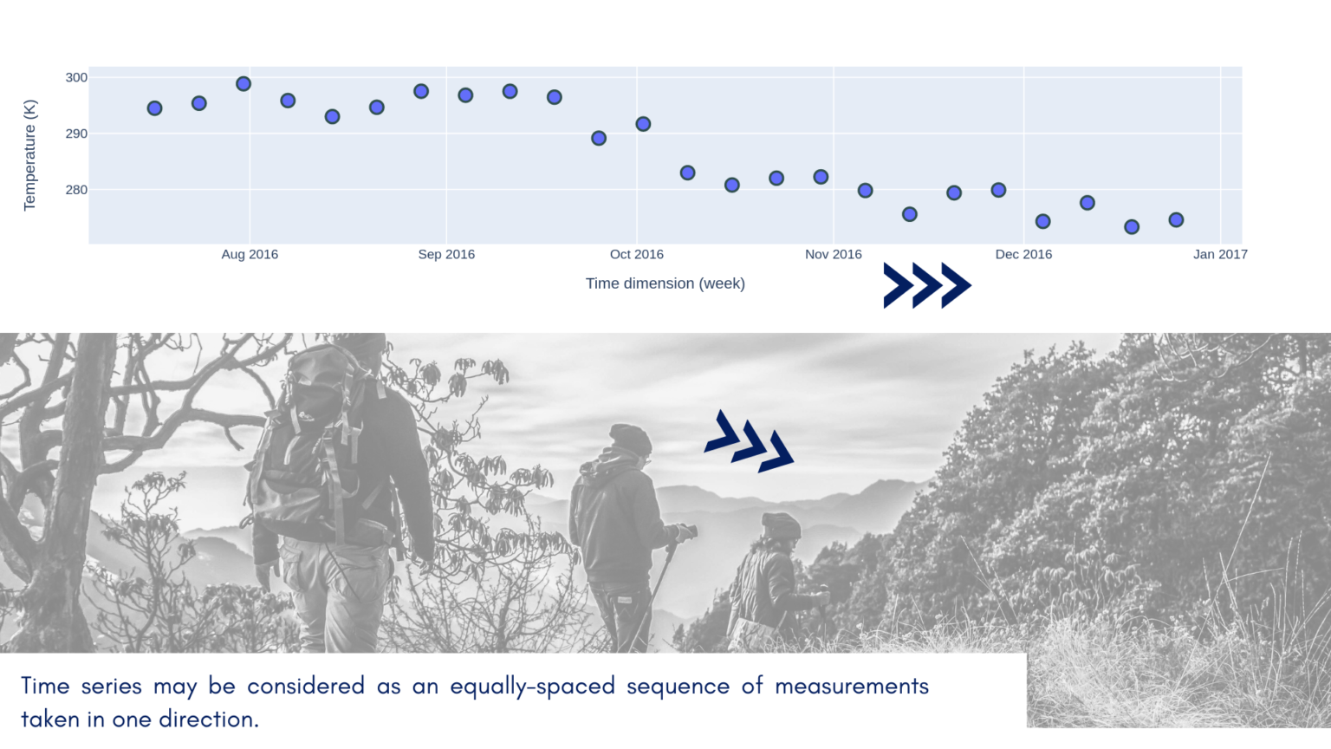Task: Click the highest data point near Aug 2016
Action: tap(243, 84)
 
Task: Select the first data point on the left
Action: tap(154, 108)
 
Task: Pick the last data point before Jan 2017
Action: tap(1176, 220)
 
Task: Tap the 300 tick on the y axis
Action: tap(76, 78)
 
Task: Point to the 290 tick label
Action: tap(76, 134)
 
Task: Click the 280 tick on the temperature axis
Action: tap(76, 190)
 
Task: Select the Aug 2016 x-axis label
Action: tap(250, 254)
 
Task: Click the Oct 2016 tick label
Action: tap(636, 254)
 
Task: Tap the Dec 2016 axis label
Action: tap(1023, 254)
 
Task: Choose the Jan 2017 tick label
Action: tap(1220, 254)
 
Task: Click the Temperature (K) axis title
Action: tap(29, 155)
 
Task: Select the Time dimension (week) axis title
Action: tap(665, 283)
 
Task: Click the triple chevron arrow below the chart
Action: tap(926, 285)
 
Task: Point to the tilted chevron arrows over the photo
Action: tap(750, 442)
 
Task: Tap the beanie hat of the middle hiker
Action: tap(630, 439)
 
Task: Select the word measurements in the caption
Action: tap(851, 687)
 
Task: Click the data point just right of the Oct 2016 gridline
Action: tap(643, 124)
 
